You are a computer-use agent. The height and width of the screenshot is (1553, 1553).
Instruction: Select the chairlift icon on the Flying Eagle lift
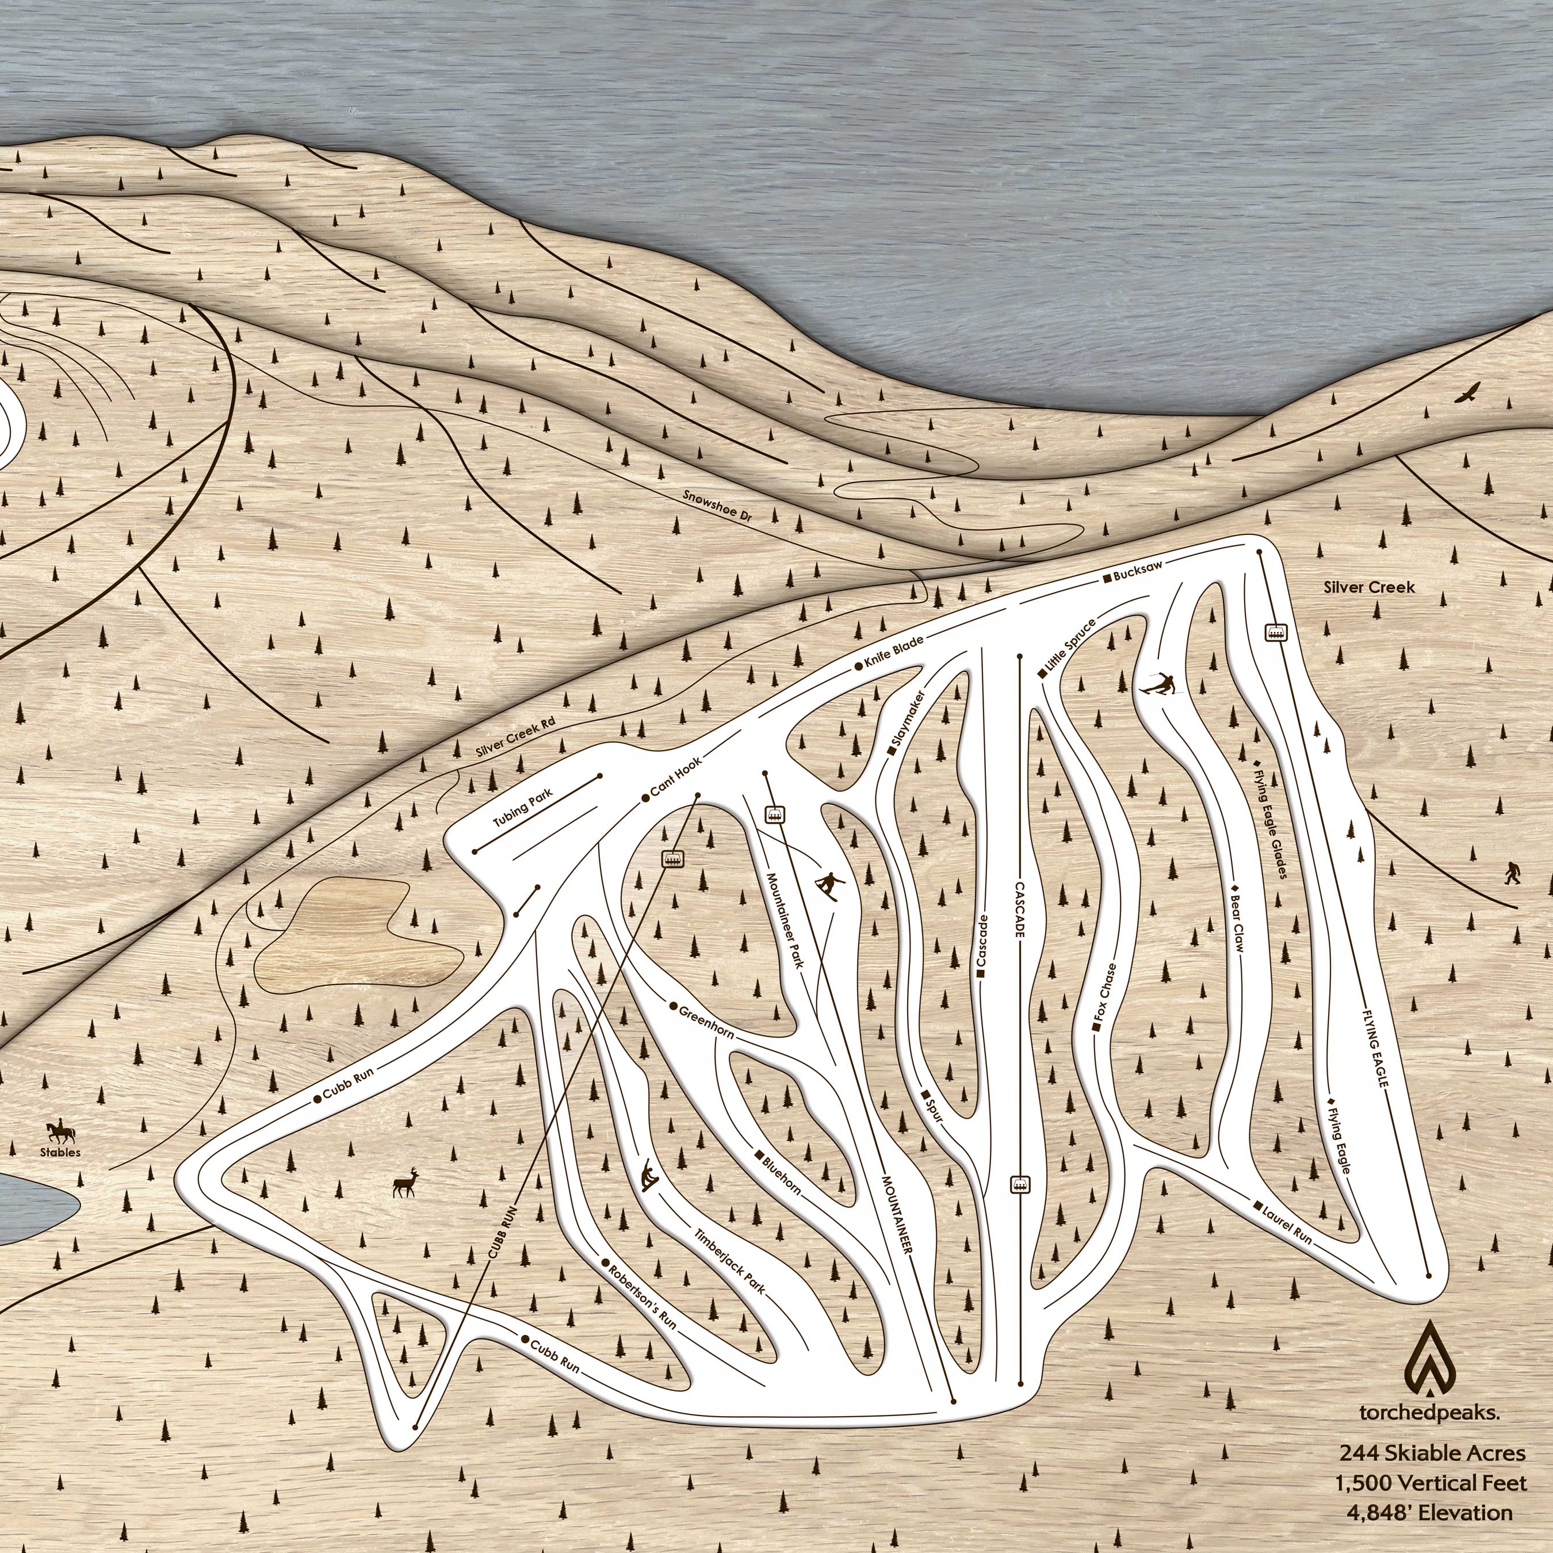tap(1274, 633)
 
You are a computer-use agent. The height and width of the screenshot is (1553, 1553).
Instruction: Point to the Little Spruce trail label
tap(1067, 647)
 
